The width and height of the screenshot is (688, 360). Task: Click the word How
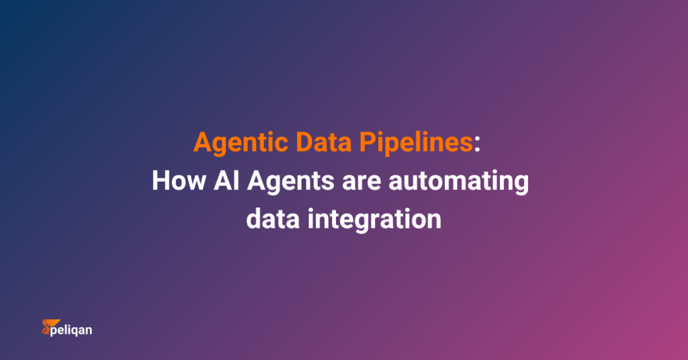(176, 181)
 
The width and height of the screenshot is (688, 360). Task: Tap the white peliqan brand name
(72, 330)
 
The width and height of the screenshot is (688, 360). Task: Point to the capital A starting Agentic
(202, 143)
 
